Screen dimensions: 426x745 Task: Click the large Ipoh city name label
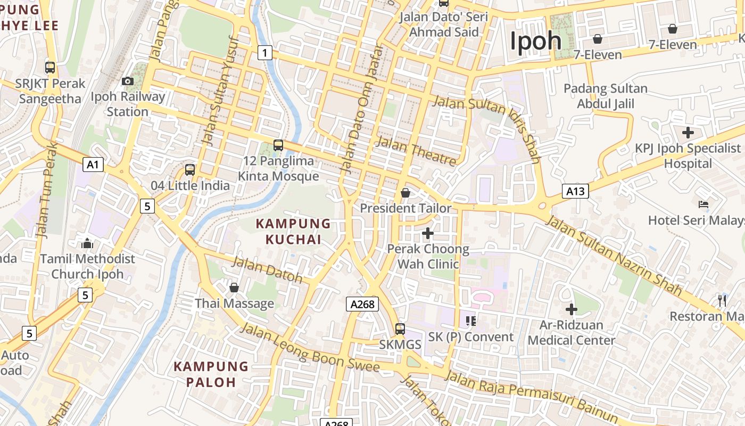coord(535,41)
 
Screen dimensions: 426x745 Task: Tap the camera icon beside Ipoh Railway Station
coord(128,81)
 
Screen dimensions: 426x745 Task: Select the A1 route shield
coord(93,165)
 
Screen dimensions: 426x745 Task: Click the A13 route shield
coord(575,191)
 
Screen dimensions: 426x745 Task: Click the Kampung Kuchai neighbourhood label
coord(293,231)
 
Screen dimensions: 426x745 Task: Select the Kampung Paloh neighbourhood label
coord(211,374)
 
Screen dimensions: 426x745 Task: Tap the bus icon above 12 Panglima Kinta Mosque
coord(278,145)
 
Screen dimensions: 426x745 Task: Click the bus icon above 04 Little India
coord(190,170)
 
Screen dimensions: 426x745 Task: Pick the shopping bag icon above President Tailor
coord(405,192)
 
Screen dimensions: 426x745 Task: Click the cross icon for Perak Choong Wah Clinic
coord(427,233)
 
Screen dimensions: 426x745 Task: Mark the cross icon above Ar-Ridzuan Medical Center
coord(572,309)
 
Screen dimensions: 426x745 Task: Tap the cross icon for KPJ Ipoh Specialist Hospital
coord(688,132)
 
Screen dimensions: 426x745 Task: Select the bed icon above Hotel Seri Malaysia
coord(703,204)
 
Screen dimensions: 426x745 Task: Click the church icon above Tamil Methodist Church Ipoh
coord(87,243)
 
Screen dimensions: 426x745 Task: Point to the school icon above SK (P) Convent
coord(470,321)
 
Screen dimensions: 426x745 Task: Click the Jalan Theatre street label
coord(416,150)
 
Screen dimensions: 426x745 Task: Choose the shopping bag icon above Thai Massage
coord(234,288)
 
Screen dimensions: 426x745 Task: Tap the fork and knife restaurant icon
coord(722,300)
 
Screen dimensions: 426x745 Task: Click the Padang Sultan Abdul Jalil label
coord(606,96)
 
